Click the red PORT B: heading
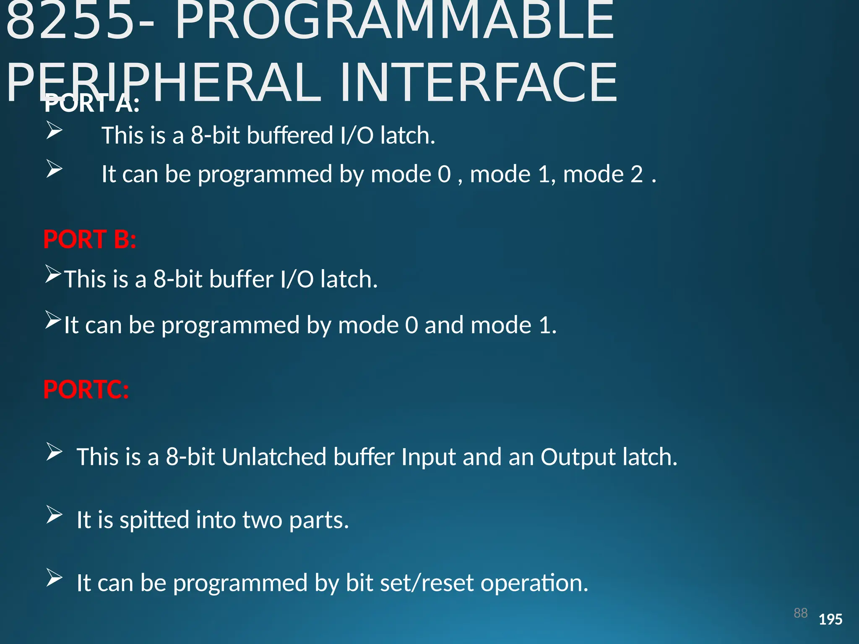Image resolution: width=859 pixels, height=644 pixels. click(x=90, y=239)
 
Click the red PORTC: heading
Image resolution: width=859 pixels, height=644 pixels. click(x=86, y=390)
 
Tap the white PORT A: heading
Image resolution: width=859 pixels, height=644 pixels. click(x=92, y=104)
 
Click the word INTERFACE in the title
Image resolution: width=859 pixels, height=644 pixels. click(x=478, y=83)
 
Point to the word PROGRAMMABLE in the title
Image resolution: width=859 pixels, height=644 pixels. click(x=395, y=21)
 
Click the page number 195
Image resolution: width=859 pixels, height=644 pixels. click(x=830, y=619)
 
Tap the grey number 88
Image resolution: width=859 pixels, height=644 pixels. click(x=800, y=613)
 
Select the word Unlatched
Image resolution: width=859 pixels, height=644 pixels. click(x=274, y=457)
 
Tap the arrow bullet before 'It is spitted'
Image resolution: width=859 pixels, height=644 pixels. click(x=54, y=515)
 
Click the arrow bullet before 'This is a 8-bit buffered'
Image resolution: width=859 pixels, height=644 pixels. click(x=54, y=130)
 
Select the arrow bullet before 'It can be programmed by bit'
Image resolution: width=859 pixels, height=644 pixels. click(x=54, y=578)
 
